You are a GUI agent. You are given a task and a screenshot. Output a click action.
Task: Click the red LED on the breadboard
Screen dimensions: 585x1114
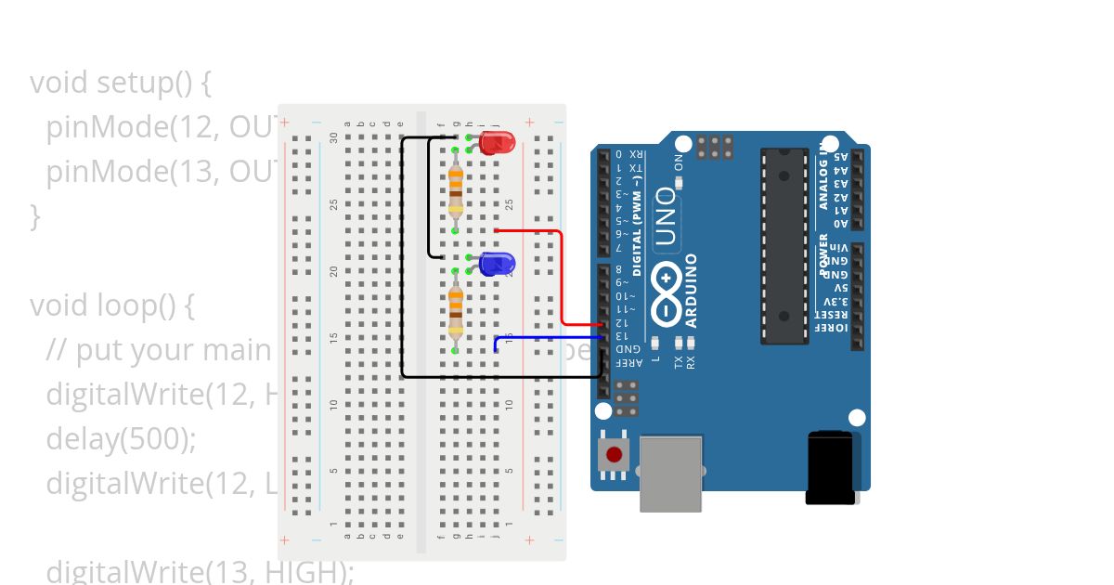pyautogui.click(x=498, y=143)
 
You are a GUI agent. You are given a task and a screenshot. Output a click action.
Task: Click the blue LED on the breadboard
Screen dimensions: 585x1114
pyautogui.click(x=498, y=264)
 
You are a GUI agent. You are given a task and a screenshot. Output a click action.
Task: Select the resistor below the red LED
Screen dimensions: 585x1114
pyautogui.click(x=455, y=190)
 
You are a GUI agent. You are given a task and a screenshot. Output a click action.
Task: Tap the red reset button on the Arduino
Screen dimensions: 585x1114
pyautogui.click(x=614, y=455)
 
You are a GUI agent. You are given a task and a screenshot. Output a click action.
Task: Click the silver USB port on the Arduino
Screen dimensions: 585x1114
pyautogui.click(x=670, y=474)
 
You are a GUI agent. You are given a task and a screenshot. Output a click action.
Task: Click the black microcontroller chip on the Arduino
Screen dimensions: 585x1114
pyautogui.click(x=783, y=246)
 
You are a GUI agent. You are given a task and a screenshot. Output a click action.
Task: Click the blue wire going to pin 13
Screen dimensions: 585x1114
pyautogui.click(x=548, y=338)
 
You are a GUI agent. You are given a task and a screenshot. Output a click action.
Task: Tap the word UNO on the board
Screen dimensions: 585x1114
pyautogui.click(x=666, y=215)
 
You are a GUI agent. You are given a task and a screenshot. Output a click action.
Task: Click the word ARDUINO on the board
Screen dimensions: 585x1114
pyautogui.click(x=692, y=290)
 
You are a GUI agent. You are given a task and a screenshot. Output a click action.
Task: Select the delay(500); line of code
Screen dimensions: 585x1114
pyautogui.click(x=121, y=437)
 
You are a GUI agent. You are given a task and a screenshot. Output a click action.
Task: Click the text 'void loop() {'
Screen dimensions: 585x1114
pyautogui.click(x=111, y=305)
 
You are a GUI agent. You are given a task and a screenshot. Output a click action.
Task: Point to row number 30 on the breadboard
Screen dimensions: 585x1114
pyautogui.click(x=334, y=137)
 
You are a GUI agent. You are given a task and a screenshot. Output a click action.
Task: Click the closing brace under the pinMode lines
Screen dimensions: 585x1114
pyautogui.click(x=36, y=216)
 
